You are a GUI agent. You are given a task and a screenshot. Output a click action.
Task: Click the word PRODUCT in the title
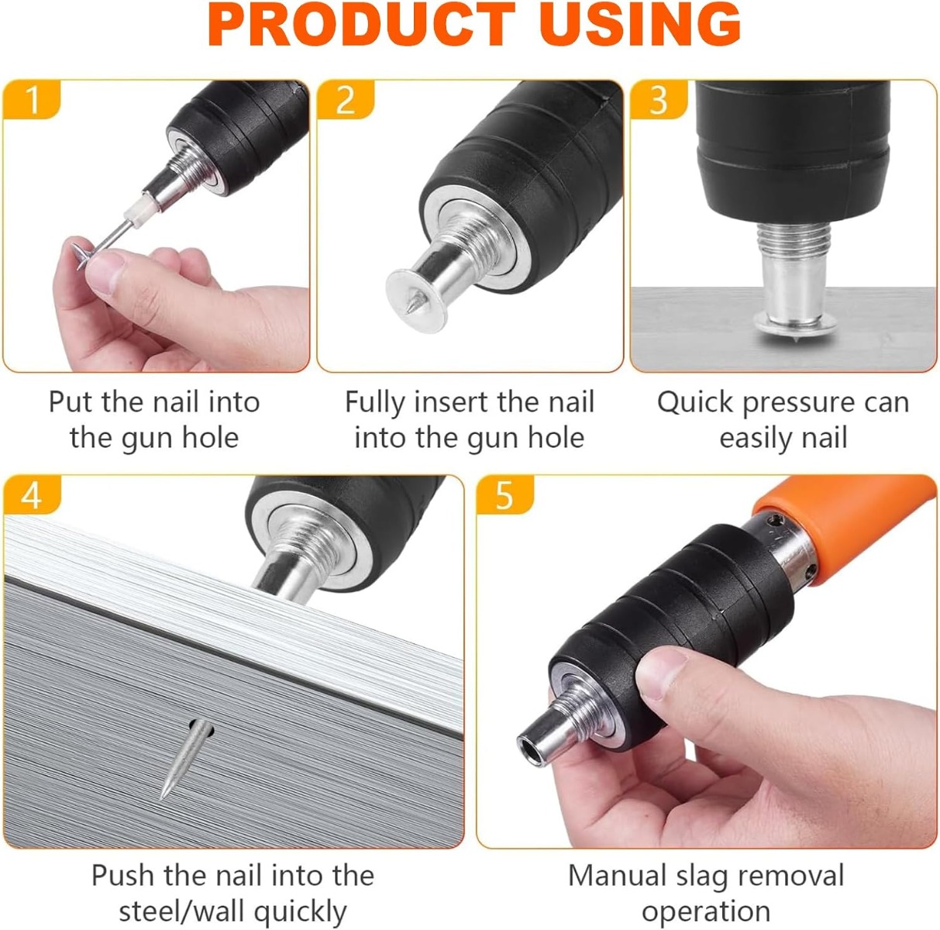pos(362,23)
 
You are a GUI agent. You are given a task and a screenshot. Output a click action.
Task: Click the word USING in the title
pos(641,23)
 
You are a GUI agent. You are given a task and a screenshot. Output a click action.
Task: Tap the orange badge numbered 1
pos(31,99)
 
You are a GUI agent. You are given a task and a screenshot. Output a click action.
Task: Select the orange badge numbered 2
pos(346,99)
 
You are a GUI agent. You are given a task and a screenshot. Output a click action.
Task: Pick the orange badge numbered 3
pos(659,99)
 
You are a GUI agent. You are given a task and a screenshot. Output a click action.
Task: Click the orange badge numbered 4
pos(33,495)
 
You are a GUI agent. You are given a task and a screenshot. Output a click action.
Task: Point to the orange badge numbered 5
pos(505,495)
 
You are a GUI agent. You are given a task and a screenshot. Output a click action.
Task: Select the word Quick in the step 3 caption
pos(695,403)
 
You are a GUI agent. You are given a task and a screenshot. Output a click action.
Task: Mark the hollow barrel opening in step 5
pos(532,750)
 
